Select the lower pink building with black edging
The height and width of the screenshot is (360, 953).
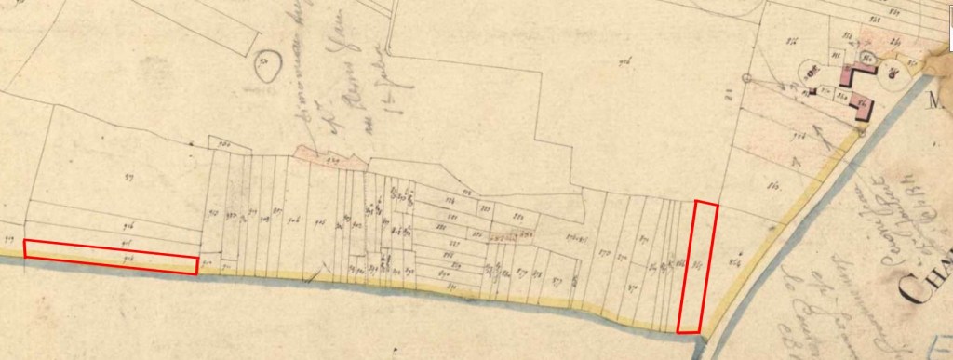(863, 108)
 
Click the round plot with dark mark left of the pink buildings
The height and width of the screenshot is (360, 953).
(812, 69)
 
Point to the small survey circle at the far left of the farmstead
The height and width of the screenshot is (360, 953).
(746, 77)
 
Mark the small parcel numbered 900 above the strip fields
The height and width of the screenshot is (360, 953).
(223, 144)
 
